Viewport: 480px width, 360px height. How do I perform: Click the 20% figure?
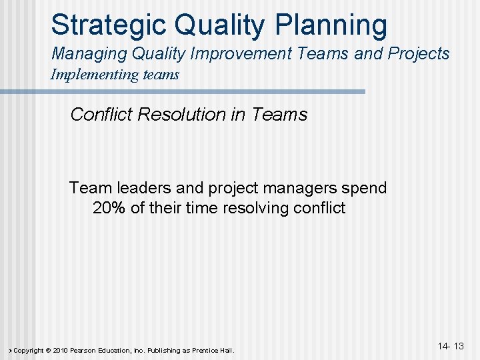click(109, 208)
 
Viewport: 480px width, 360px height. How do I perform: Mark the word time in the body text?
click(192, 208)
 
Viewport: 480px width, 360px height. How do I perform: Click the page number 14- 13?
click(451, 346)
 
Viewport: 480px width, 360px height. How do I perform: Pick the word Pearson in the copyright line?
click(88, 350)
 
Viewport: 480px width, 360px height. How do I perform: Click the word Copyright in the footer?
click(27, 350)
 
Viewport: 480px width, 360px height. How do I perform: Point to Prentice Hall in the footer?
click(214, 350)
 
